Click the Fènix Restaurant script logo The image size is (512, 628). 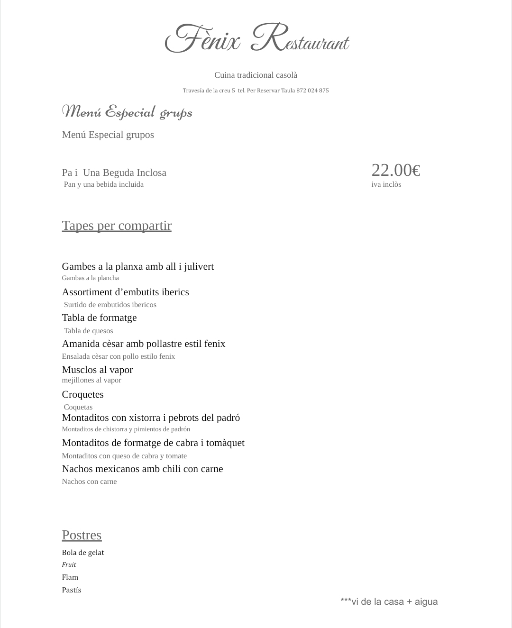tap(256, 38)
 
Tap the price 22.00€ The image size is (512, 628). tap(395, 170)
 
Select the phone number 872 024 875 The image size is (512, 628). tap(312, 91)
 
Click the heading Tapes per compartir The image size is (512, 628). tap(117, 226)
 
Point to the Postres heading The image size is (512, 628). tap(82, 535)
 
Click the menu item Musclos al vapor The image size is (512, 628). tap(97, 370)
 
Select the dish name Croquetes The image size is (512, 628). tap(82, 394)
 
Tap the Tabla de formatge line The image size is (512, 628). tap(99, 318)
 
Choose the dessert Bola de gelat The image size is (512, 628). tap(83, 553)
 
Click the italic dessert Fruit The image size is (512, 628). tap(69, 565)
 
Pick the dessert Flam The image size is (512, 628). tap(70, 577)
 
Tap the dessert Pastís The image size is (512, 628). tap(71, 590)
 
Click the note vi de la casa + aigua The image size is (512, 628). tap(389, 602)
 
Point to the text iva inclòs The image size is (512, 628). tap(386, 184)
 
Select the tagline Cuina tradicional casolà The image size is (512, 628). tap(256, 75)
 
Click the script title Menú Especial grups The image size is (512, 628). tap(127, 112)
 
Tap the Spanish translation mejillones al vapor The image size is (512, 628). tap(91, 380)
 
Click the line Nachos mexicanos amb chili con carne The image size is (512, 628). tap(142, 469)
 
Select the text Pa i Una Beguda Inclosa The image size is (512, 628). tap(114, 173)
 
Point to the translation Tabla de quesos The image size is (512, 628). tap(88, 331)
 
